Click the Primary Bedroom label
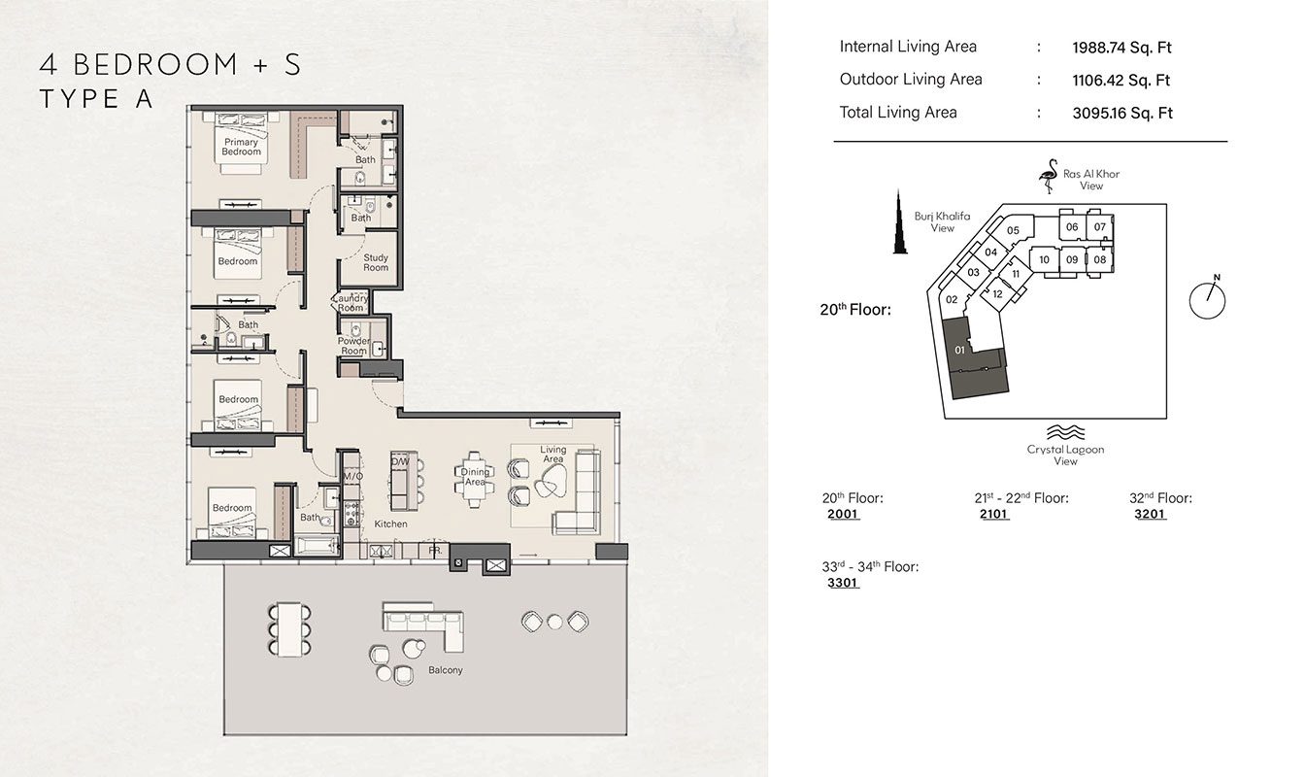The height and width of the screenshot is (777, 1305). pos(241,147)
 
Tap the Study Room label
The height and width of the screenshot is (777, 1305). pos(376,262)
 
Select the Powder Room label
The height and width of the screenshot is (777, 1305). pos(354,346)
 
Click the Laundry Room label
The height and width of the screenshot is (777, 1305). pos(351,303)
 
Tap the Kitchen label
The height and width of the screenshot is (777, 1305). pos(390,524)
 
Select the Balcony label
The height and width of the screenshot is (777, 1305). pos(446,670)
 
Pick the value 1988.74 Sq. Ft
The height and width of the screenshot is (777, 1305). pos(1121,48)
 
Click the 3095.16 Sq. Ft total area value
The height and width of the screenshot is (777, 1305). pos(1121,114)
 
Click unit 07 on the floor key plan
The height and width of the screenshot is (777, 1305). pos(1100,227)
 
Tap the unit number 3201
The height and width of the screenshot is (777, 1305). pos(1150,514)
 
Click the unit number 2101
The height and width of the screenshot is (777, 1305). pos(994,514)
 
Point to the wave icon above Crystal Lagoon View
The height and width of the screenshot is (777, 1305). pos(1065,432)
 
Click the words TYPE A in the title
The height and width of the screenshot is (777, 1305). pos(95,99)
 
